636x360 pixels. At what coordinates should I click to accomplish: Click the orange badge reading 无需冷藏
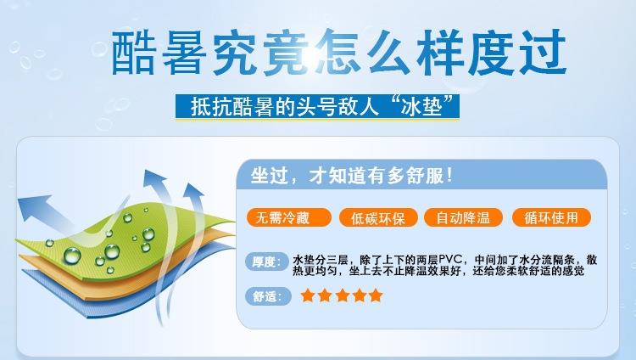click(x=289, y=218)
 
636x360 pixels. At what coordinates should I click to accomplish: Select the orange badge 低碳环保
click(x=378, y=218)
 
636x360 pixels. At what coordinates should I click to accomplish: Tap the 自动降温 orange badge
click(x=463, y=218)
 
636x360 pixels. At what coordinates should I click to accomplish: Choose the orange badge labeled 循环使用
click(x=551, y=218)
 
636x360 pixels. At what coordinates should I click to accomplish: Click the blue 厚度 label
click(x=268, y=262)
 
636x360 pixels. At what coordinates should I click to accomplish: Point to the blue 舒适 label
click(x=268, y=296)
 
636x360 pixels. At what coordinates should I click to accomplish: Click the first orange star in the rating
click(x=308, y=295)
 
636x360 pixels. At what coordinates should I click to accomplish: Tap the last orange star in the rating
click(x=376, y=295)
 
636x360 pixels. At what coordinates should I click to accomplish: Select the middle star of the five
click(x=342, y=295)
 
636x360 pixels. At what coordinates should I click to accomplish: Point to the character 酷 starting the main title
click(x=133, y=53)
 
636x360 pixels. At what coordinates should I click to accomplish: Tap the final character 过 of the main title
click(x=543, y=53)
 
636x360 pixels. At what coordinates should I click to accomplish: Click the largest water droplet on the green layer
click(x=72, y=256)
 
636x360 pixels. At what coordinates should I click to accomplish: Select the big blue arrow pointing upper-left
click(x=47, y=214)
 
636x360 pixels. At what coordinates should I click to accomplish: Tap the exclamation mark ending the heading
click(x=449, y=176)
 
